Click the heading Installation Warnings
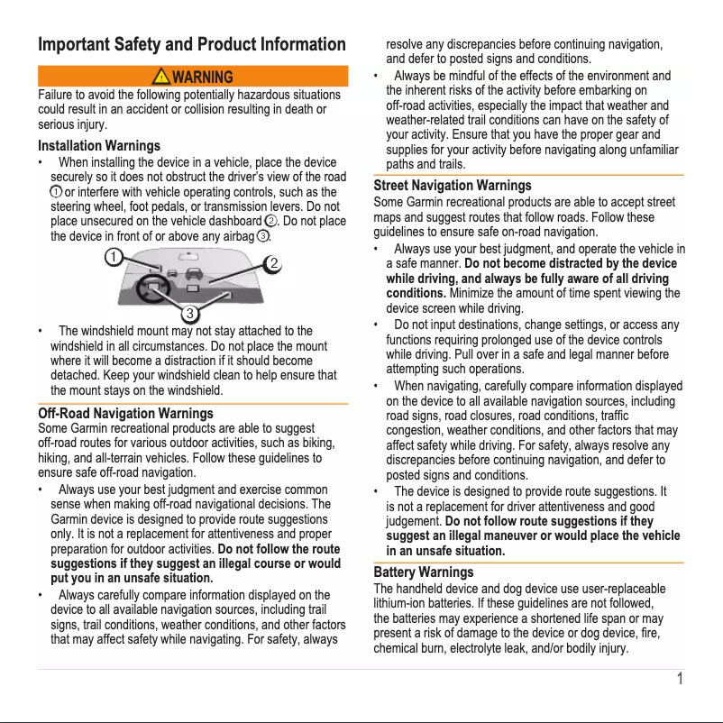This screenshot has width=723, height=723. click(99, 145)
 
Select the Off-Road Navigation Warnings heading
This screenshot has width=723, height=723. click(125, 413)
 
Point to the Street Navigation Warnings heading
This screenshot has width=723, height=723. click(453, 185)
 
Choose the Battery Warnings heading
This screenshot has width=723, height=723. click(423, 572)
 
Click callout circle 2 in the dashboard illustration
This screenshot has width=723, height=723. click(271, 263)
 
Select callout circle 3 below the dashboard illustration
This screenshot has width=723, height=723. click(191, 313)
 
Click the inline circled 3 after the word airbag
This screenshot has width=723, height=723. click(262, 236)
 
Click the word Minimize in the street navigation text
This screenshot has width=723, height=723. click(471, 293)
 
